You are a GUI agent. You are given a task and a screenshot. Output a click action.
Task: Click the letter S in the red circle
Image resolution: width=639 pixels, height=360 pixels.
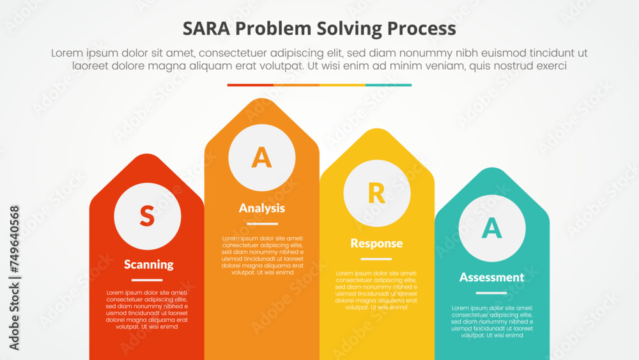147,216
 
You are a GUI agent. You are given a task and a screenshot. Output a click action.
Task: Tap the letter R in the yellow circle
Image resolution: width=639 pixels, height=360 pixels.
377,193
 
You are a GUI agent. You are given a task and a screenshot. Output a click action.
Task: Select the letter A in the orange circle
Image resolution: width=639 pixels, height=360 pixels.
261,157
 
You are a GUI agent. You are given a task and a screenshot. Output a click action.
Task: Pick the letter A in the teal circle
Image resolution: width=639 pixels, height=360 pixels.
491,228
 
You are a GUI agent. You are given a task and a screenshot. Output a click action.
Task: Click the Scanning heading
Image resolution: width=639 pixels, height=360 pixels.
148,264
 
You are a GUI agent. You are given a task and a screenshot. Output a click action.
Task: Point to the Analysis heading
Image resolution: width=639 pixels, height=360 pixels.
262,208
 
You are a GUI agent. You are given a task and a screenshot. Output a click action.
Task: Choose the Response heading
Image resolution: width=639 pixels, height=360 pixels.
376,243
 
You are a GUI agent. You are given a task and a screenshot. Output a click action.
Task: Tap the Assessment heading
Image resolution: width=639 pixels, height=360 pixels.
491,277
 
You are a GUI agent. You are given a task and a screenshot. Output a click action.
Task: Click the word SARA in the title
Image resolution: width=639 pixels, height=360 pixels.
206,29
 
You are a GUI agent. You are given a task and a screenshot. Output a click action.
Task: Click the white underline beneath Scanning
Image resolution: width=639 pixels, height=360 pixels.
147,280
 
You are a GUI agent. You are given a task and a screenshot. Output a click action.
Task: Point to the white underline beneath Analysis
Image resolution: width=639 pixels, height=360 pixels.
262,224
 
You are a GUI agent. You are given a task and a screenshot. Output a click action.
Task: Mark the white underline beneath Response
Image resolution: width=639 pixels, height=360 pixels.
376,259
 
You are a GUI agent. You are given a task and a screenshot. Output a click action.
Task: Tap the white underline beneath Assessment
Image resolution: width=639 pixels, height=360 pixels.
491,293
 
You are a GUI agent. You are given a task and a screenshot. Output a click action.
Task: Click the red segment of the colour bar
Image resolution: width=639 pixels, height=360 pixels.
250,84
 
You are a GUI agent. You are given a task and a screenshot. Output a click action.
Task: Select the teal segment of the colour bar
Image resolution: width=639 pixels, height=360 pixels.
389,84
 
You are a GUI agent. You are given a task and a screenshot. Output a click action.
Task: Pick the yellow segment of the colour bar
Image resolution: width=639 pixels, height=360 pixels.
343,84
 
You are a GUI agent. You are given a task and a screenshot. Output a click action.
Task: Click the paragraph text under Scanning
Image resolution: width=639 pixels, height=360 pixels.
147,309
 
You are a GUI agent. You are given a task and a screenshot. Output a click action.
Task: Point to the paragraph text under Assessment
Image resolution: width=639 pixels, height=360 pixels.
491,322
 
